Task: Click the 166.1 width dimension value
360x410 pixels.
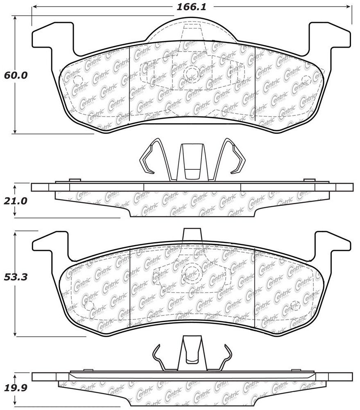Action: [192, 7]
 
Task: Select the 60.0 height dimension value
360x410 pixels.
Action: [16, 76]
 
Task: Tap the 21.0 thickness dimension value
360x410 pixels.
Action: [16, 201]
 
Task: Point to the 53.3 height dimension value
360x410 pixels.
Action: [16, 277]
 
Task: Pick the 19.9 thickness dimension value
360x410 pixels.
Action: [16, 388]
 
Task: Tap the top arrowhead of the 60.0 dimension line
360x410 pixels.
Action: [15, 19]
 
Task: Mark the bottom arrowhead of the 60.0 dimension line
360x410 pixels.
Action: [15, 131]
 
